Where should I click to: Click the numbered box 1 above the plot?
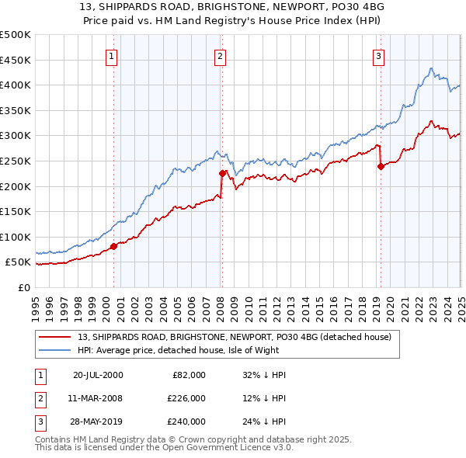point(113,56)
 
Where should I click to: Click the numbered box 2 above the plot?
point(221,56)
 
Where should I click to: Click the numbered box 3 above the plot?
point(378,56)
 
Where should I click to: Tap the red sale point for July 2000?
point(113,246)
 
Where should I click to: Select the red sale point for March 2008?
point(222,173)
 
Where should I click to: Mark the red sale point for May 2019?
point(381,166)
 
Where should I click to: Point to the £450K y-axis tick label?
point(16,60)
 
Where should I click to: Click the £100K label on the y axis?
point(16,237)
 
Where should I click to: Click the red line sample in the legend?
point(55,337)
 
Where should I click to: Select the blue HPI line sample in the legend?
point(55,350)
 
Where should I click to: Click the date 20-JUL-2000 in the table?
point(98,375)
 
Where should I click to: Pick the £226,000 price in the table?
point(186,398)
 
